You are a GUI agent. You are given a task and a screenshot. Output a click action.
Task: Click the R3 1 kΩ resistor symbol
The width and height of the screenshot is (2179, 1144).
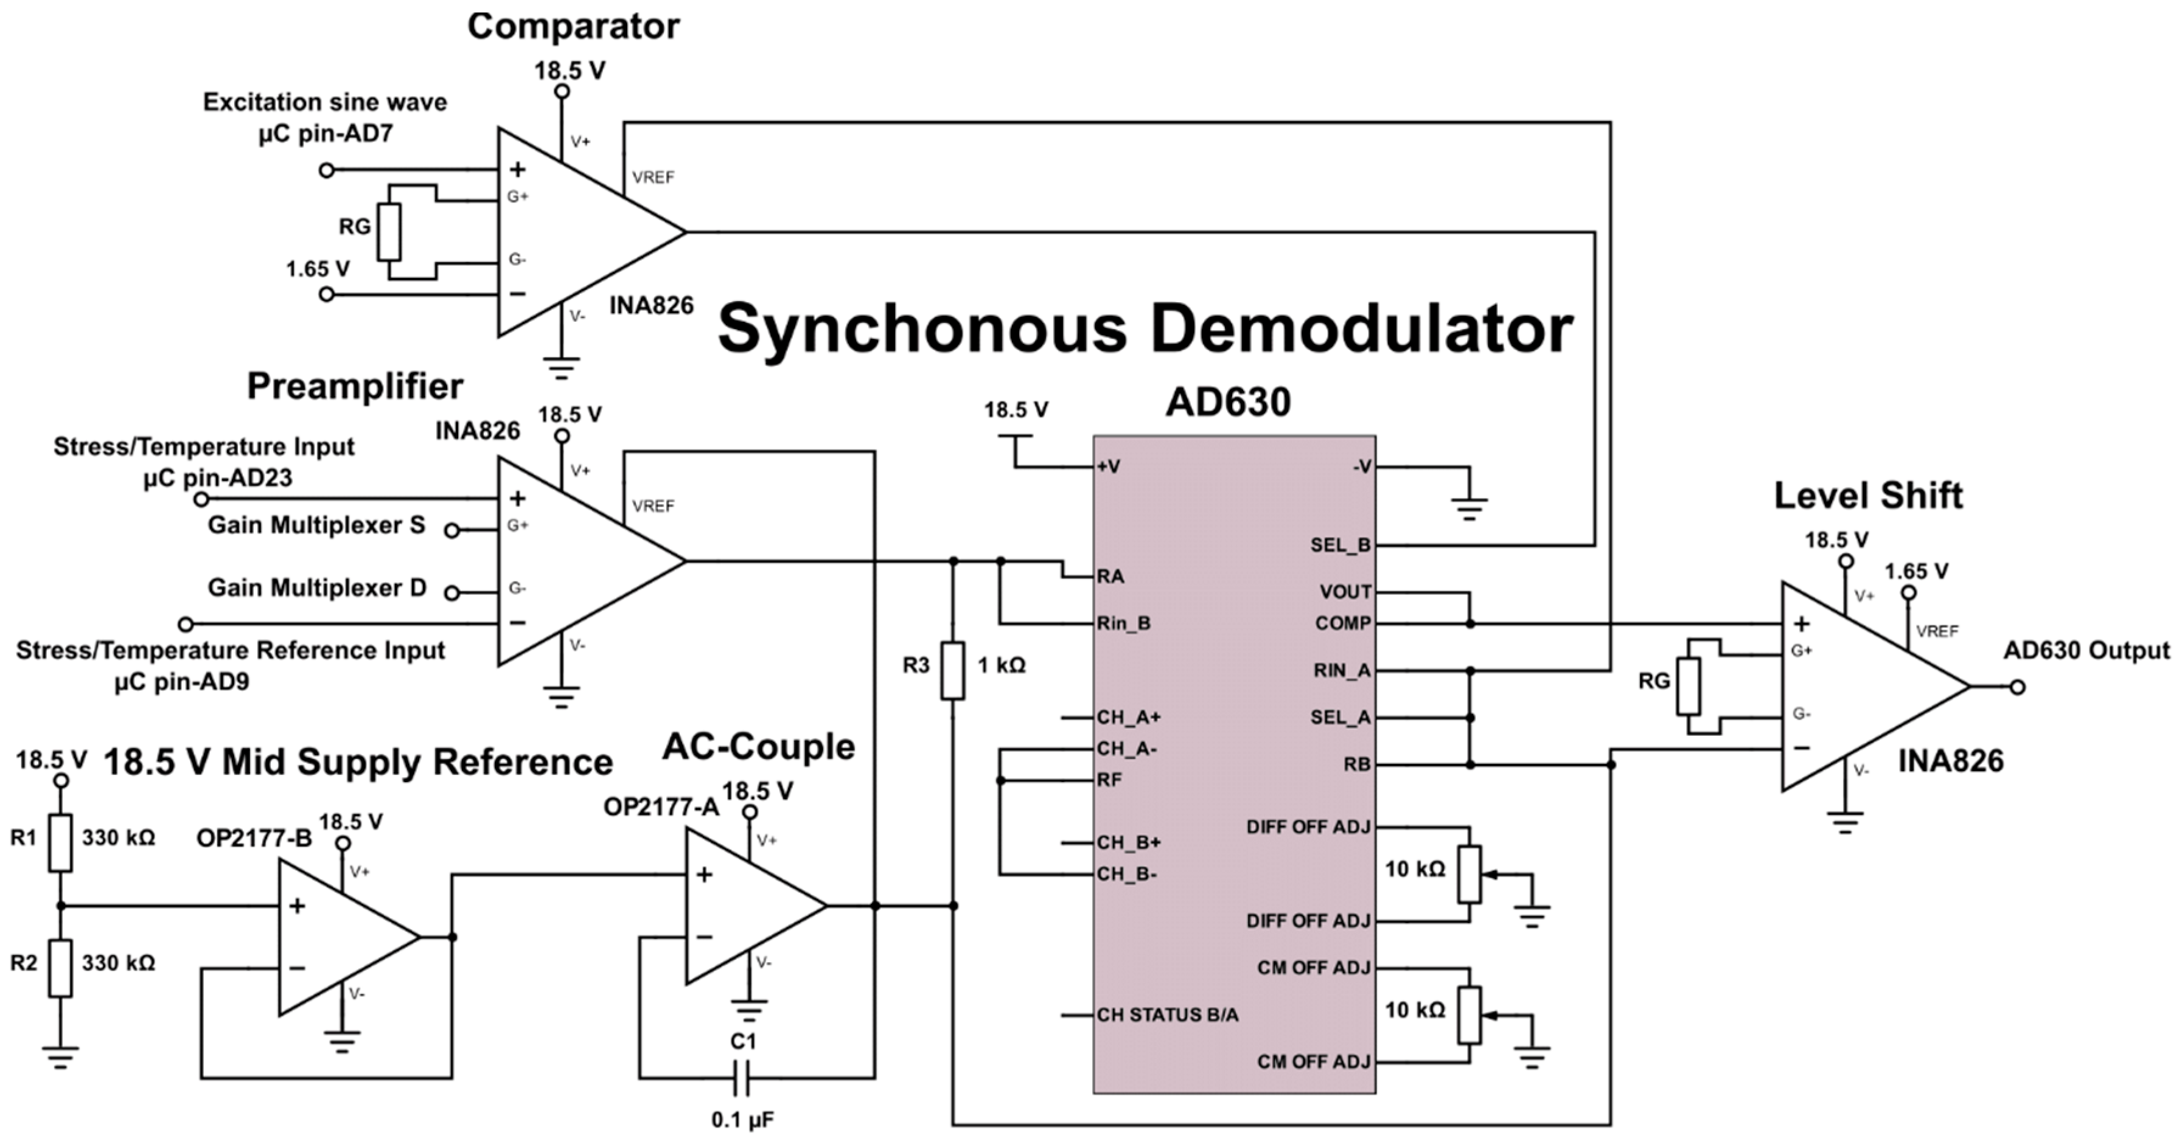tap(952, 670)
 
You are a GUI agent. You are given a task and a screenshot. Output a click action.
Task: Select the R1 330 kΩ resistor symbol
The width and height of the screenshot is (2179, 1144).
tap(60, 842)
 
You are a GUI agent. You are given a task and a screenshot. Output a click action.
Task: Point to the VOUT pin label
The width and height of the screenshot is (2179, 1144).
tap(1345, 592)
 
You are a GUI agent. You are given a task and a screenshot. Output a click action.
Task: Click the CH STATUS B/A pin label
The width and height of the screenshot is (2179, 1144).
tap(1167, 1014)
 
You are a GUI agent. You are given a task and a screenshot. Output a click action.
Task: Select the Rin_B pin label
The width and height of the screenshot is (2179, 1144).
tap(1123, 624)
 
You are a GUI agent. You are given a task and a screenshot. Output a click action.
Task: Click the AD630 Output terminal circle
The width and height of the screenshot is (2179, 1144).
tap(2017, 687)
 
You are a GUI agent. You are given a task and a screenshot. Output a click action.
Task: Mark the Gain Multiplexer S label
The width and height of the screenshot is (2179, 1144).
tap(316, 525)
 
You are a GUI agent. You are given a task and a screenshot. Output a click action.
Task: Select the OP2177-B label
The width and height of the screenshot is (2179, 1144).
tap(254, 838)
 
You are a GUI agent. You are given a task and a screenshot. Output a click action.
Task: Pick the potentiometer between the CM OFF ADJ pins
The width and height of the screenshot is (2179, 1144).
tap(1470, 1014)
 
